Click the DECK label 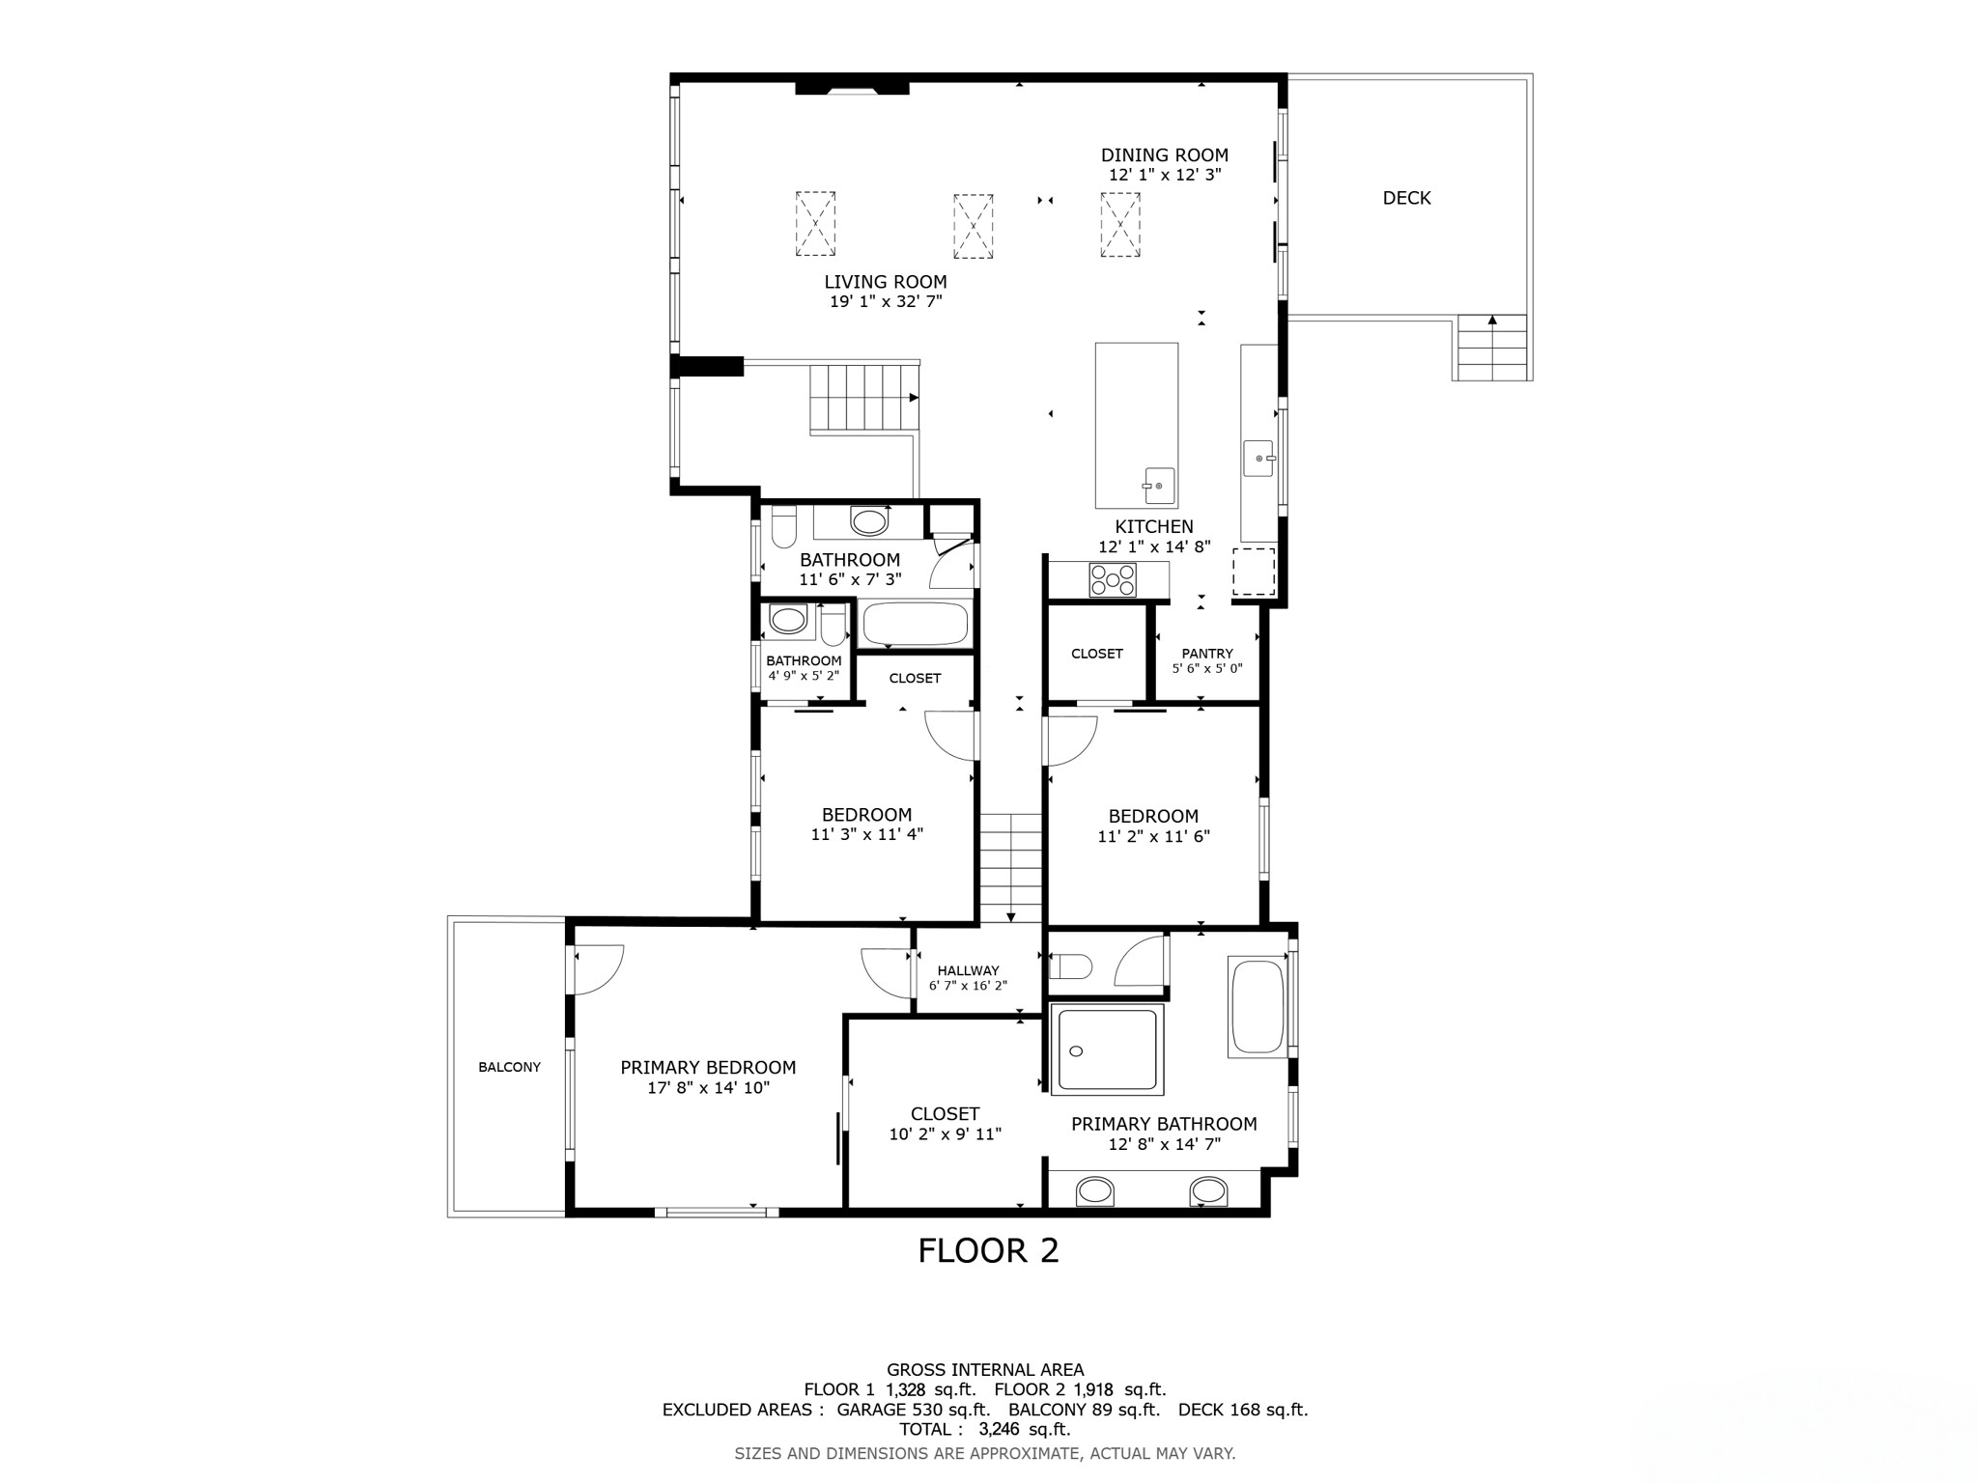(1406, 198)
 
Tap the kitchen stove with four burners (1113, 580)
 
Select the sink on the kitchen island (1158, 485)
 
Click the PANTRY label (1206, 654)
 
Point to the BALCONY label (509, 1067)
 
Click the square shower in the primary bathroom (1107, 1049)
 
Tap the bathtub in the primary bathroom (1257, 1006)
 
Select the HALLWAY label (968, 971)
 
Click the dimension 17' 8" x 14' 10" (708, 1088)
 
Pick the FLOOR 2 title (988, 1251)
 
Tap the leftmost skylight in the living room (815, 223)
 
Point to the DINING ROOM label (1165, 154)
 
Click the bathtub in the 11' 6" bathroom (914, 624)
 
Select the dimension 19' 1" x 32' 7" (886, 301)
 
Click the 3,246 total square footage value (998, 1430)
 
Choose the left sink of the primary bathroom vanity (1095, 1190)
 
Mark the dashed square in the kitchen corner (1254, 572)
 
